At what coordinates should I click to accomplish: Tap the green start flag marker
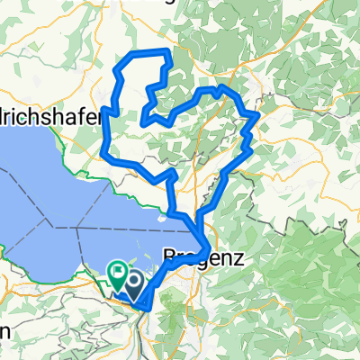tap(117, 271)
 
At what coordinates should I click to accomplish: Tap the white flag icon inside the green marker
tap(117, 269)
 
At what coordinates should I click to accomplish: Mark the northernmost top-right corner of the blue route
tap(168, 53)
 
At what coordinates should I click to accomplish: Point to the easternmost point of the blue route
tap(258, 114)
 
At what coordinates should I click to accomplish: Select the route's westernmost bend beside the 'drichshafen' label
tap(104, 111)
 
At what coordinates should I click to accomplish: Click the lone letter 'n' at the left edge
tap(5, 331)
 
